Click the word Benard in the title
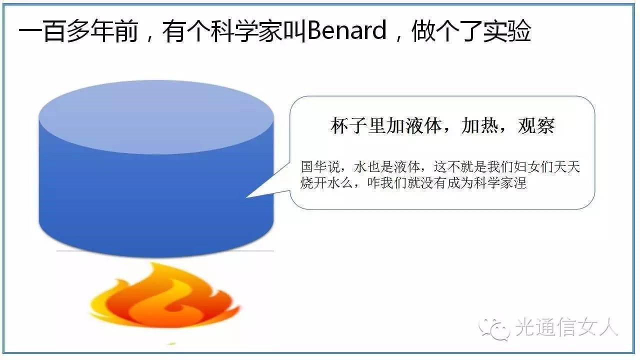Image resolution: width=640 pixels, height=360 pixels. point(347,30)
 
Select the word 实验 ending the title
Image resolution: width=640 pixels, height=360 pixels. point(507,30)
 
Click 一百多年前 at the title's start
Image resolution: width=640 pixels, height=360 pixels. point(78,30)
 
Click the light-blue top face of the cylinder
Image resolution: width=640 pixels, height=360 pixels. point(156,117)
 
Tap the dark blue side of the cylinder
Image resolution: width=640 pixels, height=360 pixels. point(156,203)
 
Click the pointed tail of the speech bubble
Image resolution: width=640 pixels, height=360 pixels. point(247,197)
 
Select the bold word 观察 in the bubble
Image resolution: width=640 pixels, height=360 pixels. point(536,125)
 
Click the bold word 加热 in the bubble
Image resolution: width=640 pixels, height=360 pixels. point(479,125)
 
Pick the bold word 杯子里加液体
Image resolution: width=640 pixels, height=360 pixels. point(386,125)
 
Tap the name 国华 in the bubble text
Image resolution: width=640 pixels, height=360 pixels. point(313,167)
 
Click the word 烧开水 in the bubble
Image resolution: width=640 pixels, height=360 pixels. point(320,183)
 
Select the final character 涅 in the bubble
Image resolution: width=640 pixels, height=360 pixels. point(520,183)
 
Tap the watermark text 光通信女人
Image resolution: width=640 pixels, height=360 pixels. point(567,327)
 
